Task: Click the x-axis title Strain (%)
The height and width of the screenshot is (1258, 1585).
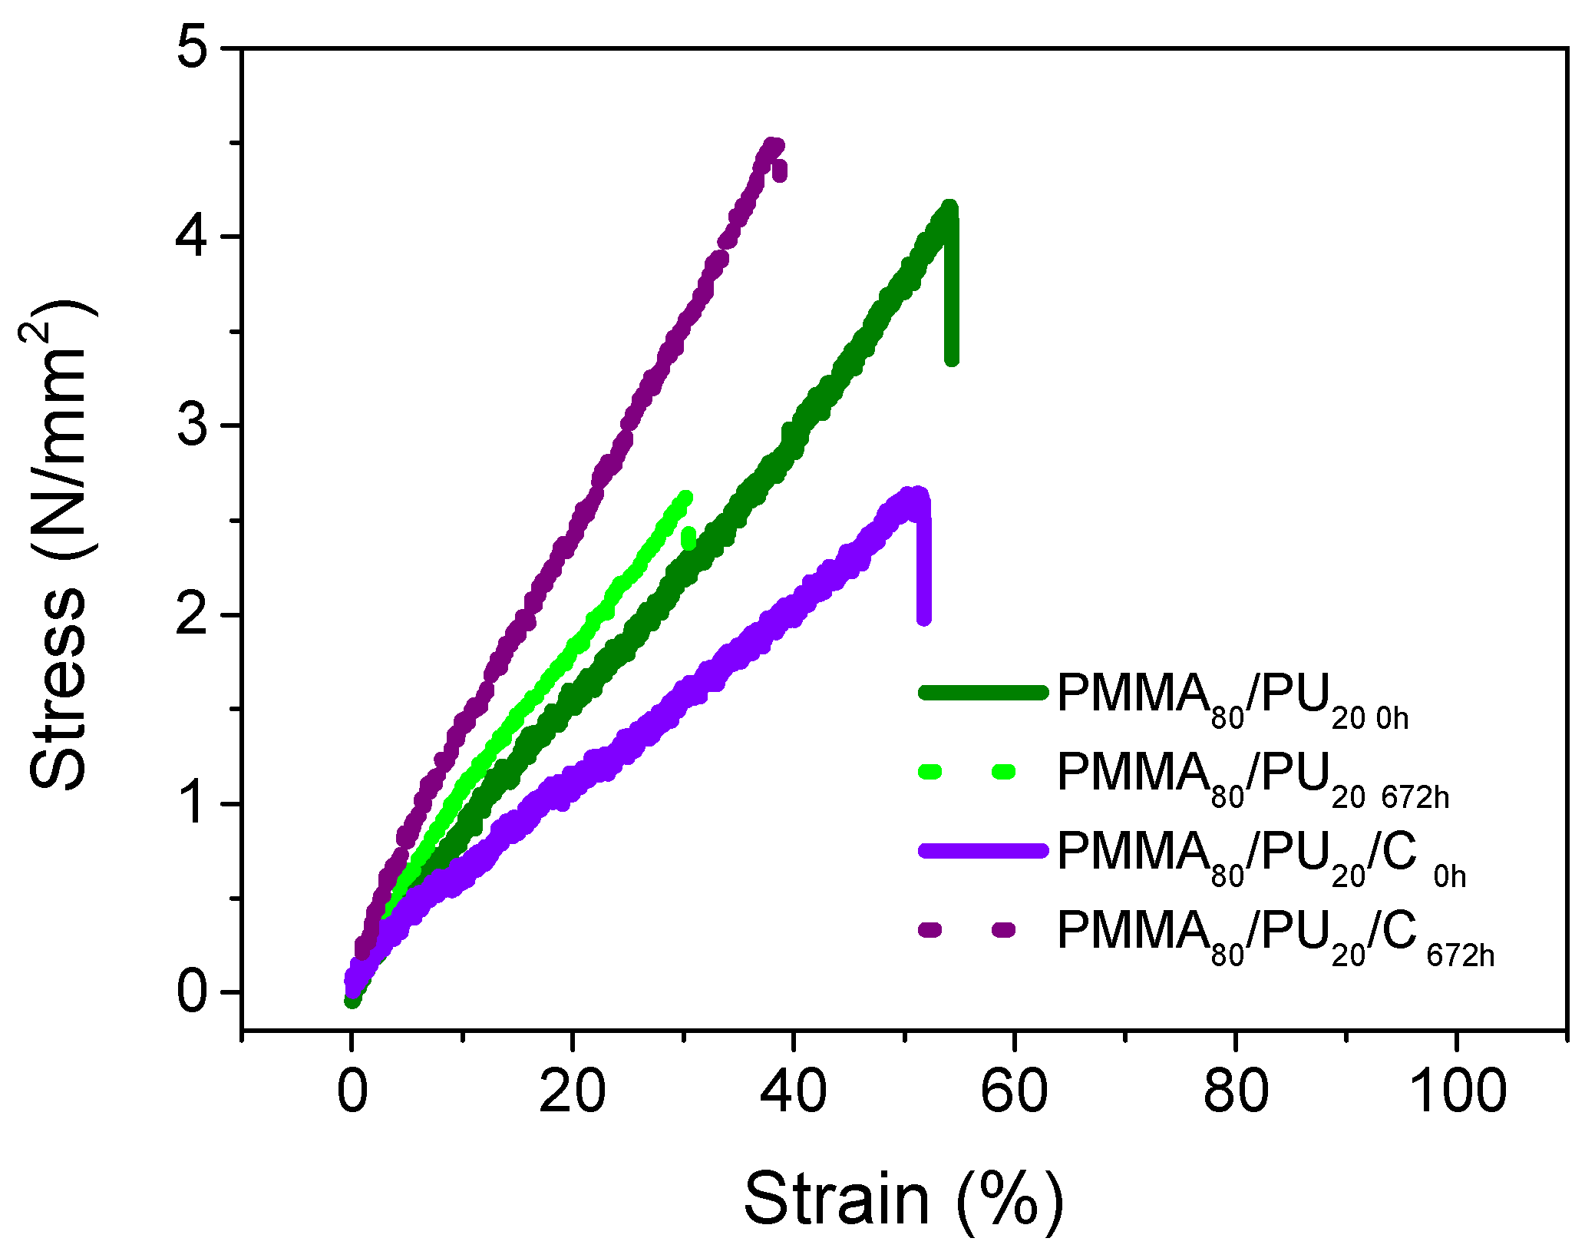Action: coord(903,1200)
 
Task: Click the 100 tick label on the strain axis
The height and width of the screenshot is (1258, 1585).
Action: coord(1456,1092)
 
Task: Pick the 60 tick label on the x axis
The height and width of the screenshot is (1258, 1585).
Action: coord(1014,1092)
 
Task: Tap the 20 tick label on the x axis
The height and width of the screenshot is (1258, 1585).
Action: coord(572,1092)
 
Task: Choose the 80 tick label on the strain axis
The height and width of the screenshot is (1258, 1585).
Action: coord(1235,1092)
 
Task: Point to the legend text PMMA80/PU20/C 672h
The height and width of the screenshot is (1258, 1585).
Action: coord(1275,936)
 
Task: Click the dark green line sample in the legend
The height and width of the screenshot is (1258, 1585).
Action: coord(982,693)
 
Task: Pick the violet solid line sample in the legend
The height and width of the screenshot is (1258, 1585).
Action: coord(982,850)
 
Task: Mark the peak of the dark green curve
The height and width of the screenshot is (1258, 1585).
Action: coord(949,207)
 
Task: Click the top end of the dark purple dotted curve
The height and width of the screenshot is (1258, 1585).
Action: coord(774,144)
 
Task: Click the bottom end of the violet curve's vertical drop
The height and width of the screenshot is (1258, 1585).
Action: coord(924,617)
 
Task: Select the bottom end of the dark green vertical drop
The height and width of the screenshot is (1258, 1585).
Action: coord(952,359)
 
